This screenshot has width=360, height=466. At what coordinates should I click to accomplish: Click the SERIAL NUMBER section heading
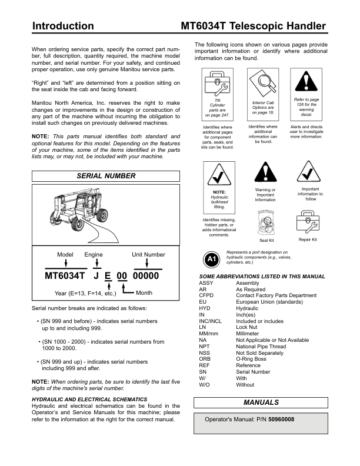(106, 176)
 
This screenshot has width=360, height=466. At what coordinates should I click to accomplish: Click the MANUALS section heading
(262, 402)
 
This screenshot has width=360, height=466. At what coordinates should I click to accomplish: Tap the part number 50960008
(281, 420)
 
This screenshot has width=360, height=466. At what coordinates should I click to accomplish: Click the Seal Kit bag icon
(267, 223)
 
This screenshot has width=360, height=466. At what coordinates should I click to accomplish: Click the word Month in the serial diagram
(144, 293)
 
